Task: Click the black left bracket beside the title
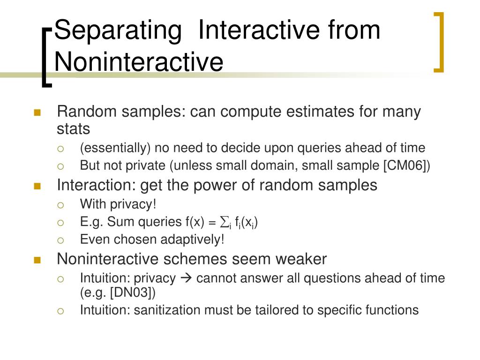[x=46, y=56]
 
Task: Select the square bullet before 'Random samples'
[x=38, y=112]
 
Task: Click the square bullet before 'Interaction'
[x=38, y=186]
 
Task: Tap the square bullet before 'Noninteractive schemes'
[x=38, y=260]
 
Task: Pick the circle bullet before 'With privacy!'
[x=60, y=205]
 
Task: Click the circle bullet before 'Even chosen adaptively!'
[x=60, y=240]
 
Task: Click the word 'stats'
[x=73, y=129]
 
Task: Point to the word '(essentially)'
[x=115, y=149]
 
